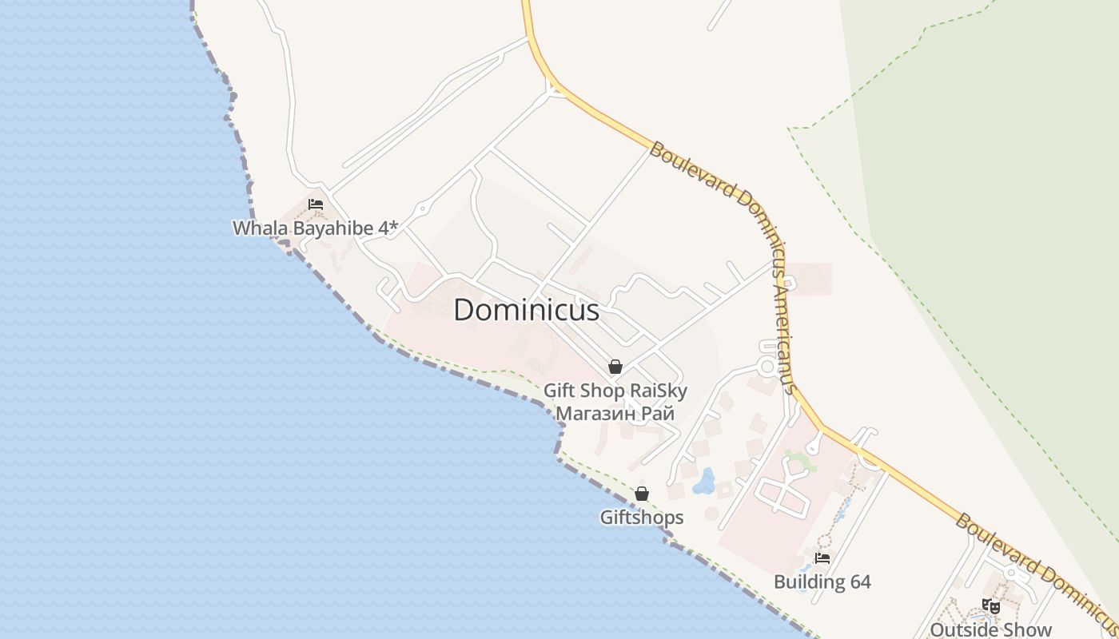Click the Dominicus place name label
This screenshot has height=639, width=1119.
click(526, 310)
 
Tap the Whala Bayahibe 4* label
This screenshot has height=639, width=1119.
click(315, 228)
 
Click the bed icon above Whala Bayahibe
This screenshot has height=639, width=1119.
click(316, 204)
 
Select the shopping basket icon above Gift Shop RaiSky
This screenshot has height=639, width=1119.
click(615, 367)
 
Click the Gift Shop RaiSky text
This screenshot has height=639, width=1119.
click(615, 391)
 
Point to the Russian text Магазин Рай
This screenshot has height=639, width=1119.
click(615, 413)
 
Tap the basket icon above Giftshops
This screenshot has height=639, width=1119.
click(642, 494)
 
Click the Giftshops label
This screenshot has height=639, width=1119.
click(642, 517)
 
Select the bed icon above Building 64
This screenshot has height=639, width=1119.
click(822, 558)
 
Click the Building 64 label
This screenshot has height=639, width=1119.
click(822, 581)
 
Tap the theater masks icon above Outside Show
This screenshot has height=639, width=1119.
click(991, 606)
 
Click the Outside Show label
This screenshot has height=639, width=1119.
click(991, 629)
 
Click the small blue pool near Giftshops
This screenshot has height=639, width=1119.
click(705, 481)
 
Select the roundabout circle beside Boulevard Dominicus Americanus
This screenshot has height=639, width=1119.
click(767, 367)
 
